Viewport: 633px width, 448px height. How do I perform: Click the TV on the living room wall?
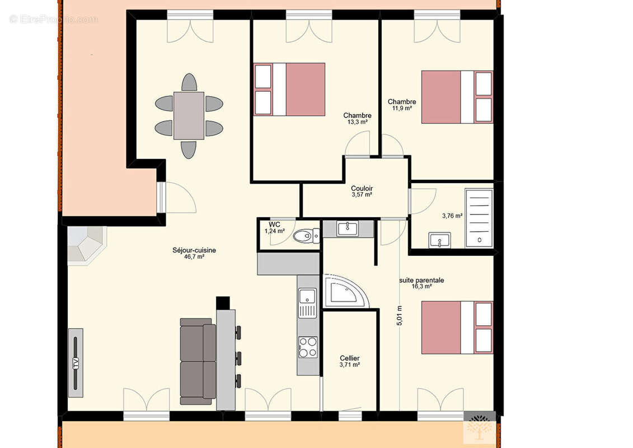(x=76, y=362)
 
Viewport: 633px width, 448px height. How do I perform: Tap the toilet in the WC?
(x=306, y=236)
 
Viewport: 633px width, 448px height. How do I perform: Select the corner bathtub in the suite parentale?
(x=345, y=291)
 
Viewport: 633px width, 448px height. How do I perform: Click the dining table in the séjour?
(x=189, y=115)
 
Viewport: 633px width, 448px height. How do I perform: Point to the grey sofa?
(x=198, y=361)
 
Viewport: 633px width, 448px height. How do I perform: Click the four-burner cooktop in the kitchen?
(x=308, y=347)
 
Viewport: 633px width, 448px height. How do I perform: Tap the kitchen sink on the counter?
(x=308, y=303)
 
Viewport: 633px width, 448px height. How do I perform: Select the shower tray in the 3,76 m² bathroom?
(x=479, y=218)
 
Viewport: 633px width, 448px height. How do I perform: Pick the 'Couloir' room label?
(x=362, y=188)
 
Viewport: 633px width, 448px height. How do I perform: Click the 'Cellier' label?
(x=350, y=358)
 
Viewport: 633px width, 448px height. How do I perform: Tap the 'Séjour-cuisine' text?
(x=194, y=250)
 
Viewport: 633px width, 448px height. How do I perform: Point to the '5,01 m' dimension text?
(x=400, y=316)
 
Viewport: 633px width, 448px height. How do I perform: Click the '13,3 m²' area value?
(x=358, y=122)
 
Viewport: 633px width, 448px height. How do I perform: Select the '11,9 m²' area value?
(x=402, y=108)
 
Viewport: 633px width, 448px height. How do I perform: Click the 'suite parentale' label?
(x=421, y=280)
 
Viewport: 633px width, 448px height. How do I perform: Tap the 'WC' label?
(x=274, y=225)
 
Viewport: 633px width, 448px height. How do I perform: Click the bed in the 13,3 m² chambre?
(x=289, y=89)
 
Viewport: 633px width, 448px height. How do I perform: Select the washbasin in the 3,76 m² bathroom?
(x=439, y=240)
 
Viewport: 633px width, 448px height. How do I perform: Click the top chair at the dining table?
(x=189, y=82)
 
